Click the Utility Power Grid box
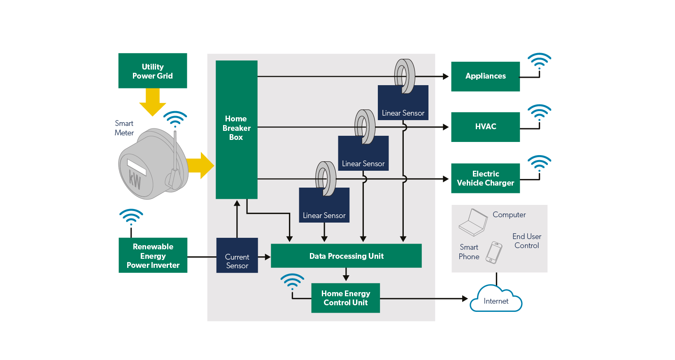[152, 71]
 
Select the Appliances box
[485, 77]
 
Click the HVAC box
[485, 127]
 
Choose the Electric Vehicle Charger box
[485, 178]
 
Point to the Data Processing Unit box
[346, 256]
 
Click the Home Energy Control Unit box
[345, 298]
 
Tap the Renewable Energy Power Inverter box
[153, 255]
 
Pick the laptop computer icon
[473, 223]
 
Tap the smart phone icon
[493, 252]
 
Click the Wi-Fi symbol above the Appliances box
[539, 61]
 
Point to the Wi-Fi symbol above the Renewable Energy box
[131, 217]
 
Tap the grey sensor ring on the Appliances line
[405, 76]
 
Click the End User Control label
[526, 241]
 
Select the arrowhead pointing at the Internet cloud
[465, 299]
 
